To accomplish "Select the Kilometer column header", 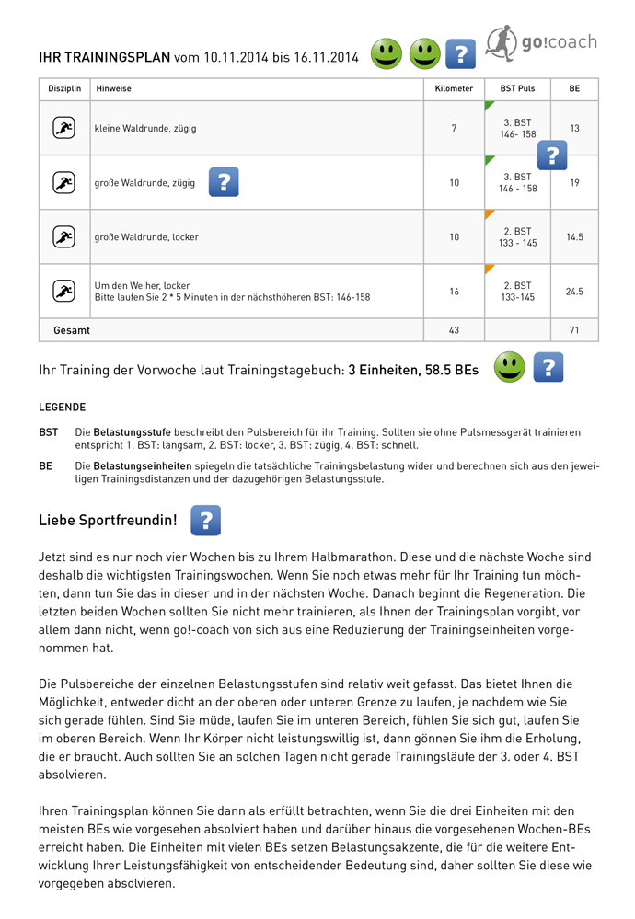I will tap(454, 89).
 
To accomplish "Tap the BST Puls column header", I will tap(517, 89).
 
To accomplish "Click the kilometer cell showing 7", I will tap(454, 128).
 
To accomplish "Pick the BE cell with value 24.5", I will tap(574, 292).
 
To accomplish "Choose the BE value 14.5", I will tap(574, 237).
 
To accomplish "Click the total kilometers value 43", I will tap(454, 329).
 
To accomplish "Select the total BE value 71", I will tap(574, 329).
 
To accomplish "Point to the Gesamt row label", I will tap(72, 329).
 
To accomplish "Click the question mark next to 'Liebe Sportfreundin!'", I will tap(205, 521).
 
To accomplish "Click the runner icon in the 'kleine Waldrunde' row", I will tap(63, 129).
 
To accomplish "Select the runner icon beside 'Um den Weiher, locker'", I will tap(63, 292).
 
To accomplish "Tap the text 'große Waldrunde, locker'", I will tap(146, 237).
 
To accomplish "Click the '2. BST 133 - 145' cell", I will tap(517, 237).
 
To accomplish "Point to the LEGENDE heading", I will tap(62, 407).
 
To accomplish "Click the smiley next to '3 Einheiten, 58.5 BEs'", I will tap(509, 367).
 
